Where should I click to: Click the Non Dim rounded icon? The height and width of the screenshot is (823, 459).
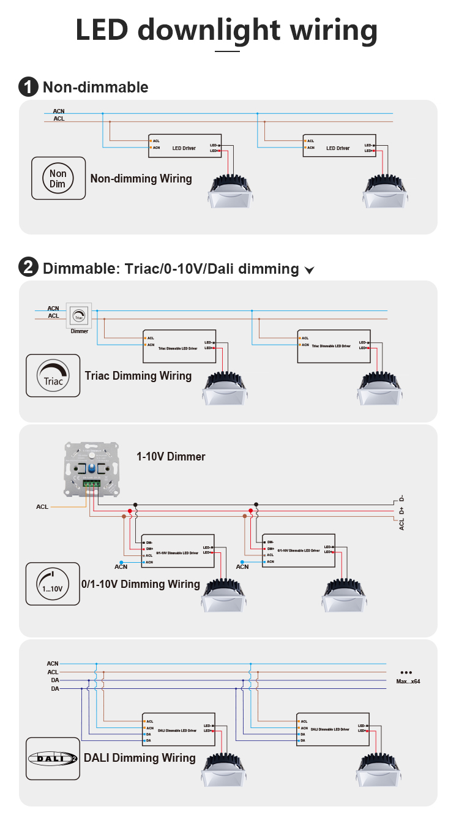[58, 178]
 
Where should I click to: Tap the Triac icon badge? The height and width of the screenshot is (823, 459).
[53, 375]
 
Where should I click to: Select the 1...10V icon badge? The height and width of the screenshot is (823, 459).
[53, 584]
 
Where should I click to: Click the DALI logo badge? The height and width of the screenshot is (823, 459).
[53, 758]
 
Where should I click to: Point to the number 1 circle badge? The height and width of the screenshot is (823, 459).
[28, 87]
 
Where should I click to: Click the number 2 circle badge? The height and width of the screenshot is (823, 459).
[28, 268]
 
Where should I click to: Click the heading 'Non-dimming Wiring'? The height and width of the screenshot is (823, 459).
[141, 179]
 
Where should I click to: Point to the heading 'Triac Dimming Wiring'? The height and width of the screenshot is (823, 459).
[138, 375]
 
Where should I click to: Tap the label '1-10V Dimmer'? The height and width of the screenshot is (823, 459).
[171, 456]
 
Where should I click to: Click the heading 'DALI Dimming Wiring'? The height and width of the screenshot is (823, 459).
[140, 758]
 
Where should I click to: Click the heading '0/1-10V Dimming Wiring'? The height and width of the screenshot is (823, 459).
[141, 584]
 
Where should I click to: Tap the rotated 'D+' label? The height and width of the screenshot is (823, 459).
[401, 510]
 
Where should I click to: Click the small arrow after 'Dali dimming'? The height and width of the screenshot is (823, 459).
[309, 270]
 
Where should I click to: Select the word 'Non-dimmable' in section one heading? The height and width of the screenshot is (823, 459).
[95, 87]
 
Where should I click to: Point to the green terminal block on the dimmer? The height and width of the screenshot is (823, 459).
[92, 483]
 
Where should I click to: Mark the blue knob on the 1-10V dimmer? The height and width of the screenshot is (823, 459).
[92, 468]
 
